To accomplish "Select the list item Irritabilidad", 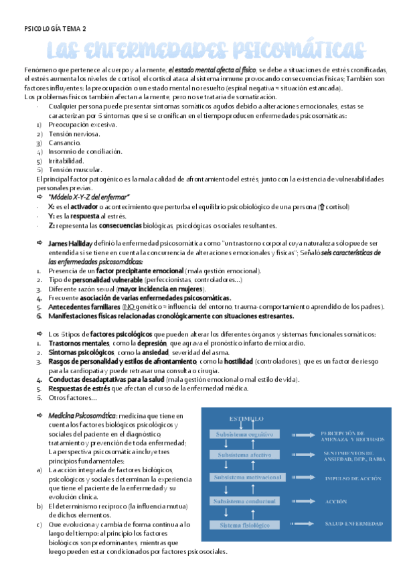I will (x=66, y=161).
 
